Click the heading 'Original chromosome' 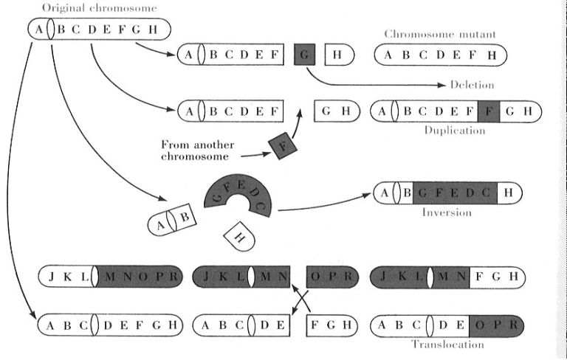(100, 8)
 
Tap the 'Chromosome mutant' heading (440, 35)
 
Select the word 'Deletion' (472, 85)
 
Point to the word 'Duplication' (455, 130)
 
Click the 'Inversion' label (447, 212)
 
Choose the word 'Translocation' (447, 344)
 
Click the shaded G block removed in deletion (304, 55)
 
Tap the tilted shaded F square (283, 146)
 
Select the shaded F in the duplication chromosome (489, 111)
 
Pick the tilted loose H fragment (239, 236)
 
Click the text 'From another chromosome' (197, 150)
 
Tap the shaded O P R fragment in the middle (332, 277)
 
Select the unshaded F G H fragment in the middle (332, 325)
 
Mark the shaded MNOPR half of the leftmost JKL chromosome (140, 277)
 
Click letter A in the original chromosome (38, 29)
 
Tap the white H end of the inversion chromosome (509, 193)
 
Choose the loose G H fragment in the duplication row (337, 111)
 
